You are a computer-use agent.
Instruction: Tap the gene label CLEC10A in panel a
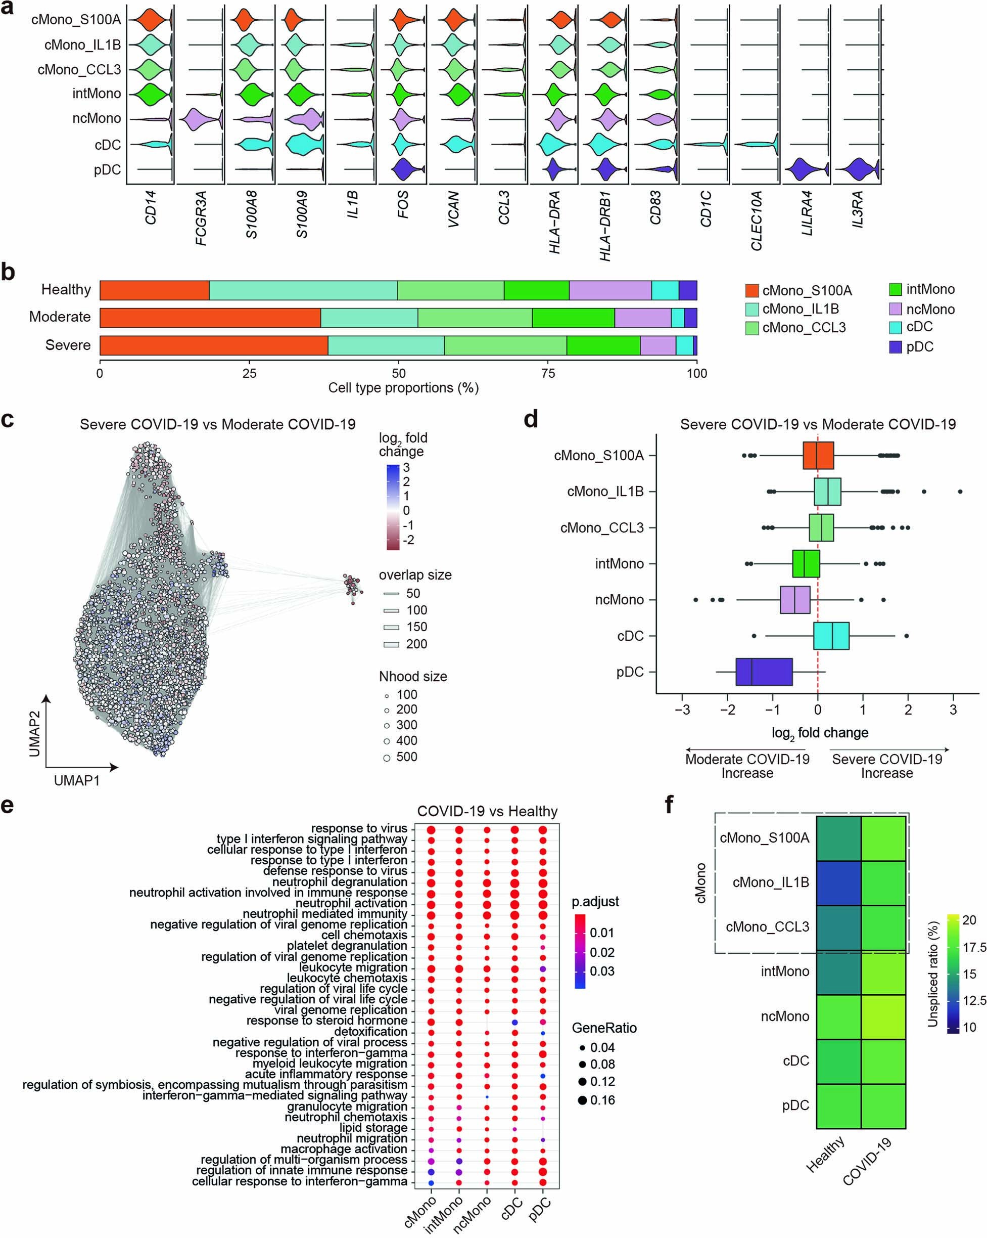757,220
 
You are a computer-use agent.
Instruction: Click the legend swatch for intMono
895,289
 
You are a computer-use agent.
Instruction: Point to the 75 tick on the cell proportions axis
548,374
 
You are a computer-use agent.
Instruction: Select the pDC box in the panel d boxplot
764,672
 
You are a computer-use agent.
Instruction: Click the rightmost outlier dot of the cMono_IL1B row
960,492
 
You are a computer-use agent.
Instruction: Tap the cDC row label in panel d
630,636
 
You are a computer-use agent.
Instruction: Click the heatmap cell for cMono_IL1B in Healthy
838,882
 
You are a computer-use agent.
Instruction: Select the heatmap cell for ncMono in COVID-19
883,1016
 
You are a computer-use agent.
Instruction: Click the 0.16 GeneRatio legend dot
582,1100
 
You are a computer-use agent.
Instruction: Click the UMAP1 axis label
76,780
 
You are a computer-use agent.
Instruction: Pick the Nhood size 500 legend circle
387,758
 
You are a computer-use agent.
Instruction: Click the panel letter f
669,806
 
